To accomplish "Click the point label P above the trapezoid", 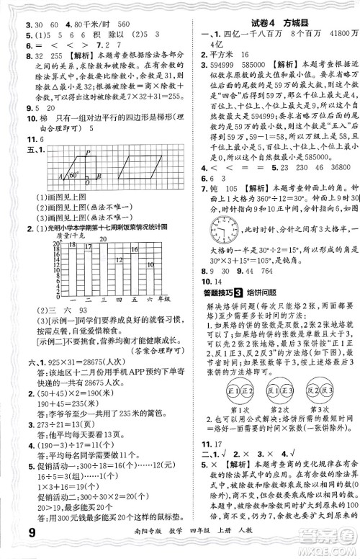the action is pos(86,151).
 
